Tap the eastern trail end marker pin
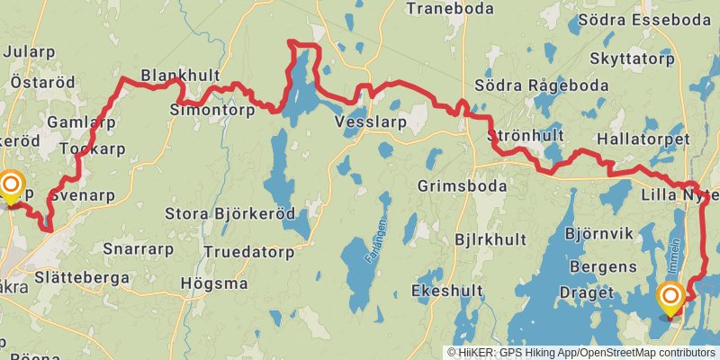point(670,300)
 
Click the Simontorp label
point(212,110)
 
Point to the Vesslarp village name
point(370,121)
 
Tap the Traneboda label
point(451,9)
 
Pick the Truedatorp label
point(249,253)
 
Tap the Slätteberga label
point(82,278)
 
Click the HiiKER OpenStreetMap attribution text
point(581,353)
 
